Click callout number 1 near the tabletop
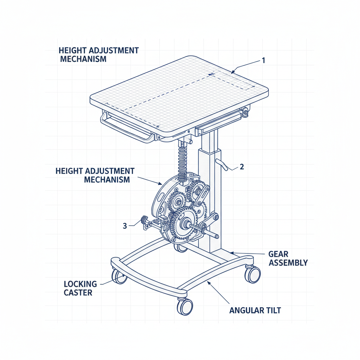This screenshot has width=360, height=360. click(x=263, y=60)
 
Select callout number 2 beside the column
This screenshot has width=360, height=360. click(x=242, y=167)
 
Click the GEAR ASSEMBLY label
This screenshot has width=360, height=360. click(x=288, y=258)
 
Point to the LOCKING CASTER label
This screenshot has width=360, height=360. click(x=80, y=288)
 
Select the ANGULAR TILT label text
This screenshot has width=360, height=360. click(x=255, y=310)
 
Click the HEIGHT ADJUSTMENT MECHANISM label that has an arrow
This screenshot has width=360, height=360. click(x=95, y=175)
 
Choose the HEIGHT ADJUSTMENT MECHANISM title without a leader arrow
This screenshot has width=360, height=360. click(x=99, y=54)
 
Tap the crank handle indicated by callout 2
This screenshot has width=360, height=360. click(x=224, y=164)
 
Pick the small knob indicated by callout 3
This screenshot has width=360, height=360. click(x=144, y=221)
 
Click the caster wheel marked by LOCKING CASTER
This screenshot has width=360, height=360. click(x=118, y=276)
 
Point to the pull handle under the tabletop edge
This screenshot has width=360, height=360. click(x=127, y=127)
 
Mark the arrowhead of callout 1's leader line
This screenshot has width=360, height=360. click(x=232, y=72)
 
